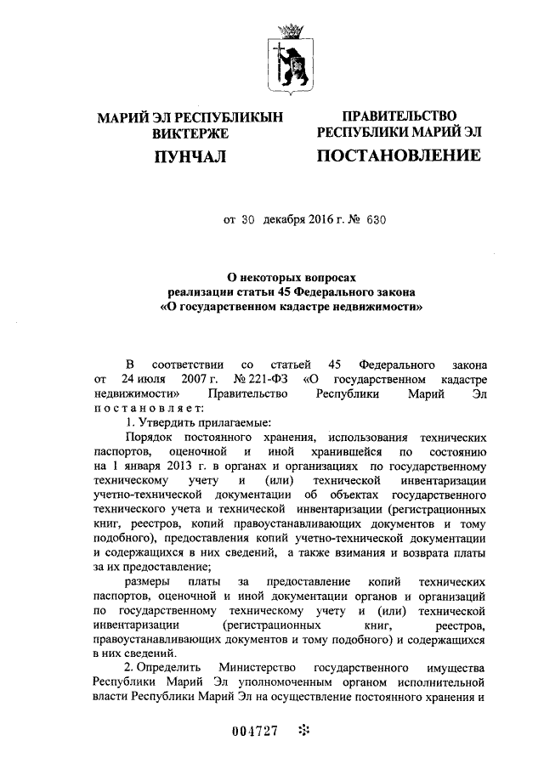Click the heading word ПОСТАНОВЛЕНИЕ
(x=398, y=155)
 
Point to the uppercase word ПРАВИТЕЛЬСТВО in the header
(x=399, y=116)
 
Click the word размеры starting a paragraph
(x=148, y=582)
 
